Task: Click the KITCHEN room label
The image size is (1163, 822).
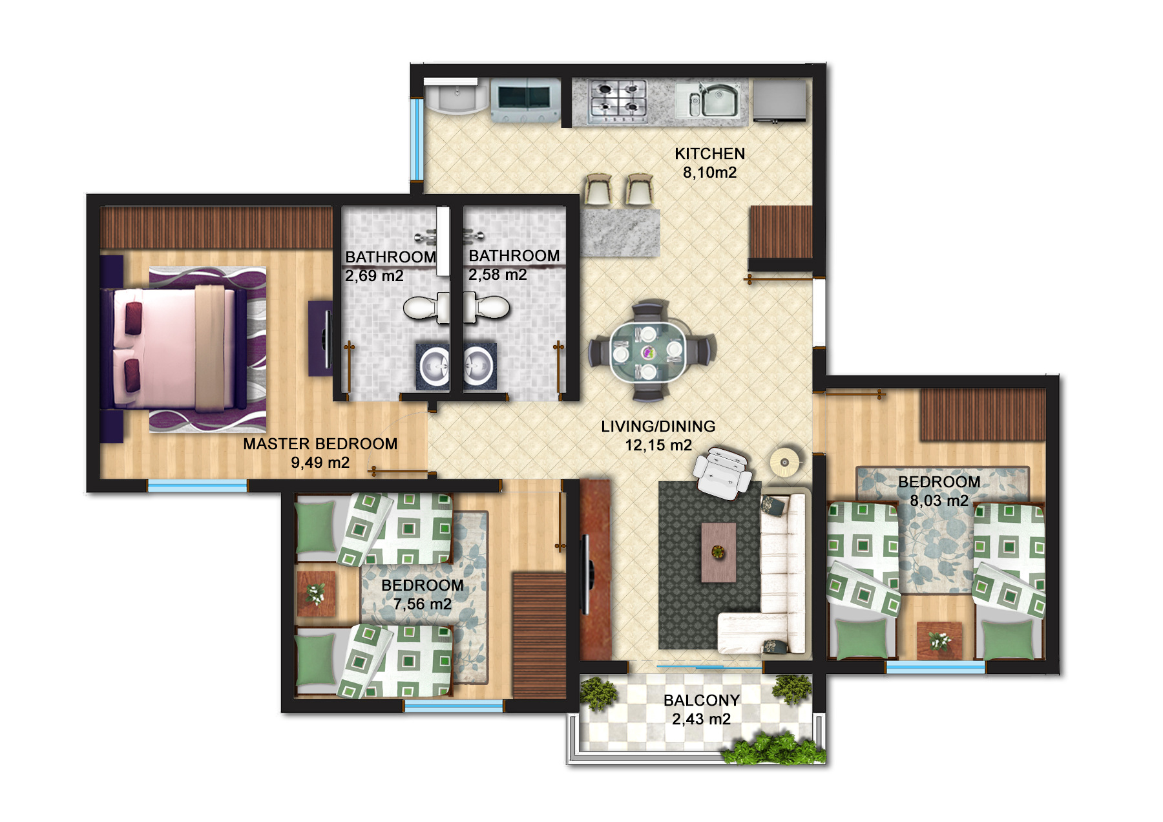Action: (x=709, y=154)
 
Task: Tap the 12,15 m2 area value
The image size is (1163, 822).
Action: (x=658, y=445)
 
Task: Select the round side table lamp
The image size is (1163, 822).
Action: (x=785, y=462)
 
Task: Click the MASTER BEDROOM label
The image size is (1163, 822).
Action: (x=320, y=444)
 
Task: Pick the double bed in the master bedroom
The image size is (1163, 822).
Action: (x=174, y=349)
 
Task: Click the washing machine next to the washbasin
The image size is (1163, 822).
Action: (x=525, y=100)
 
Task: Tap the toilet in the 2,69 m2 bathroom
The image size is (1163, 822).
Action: (x=423, y=308)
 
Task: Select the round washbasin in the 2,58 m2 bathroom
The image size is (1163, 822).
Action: (x=479, y=366)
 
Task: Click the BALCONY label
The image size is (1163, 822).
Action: (x=701, y=701)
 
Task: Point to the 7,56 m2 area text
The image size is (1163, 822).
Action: (x=422, y=604)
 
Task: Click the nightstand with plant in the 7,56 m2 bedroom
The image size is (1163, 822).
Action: (x=316, y=593)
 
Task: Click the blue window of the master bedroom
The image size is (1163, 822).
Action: (x=197, y=485)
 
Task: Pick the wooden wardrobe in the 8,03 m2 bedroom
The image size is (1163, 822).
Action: (x=982, y=415)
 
